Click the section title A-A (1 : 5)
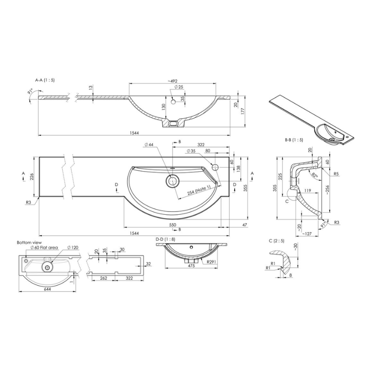pyautogui.click(x=45, y=80)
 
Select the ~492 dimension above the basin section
pyautogui.click(x=172, y=81)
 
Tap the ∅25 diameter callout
pyautogui.click(x=173, y=88)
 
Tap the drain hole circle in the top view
pyautogui.click(x=172, y=180)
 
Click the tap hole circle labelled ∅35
pyautogui.click(x=216, y=167)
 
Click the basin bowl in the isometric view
pyautogui.click(x=327, y=132)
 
